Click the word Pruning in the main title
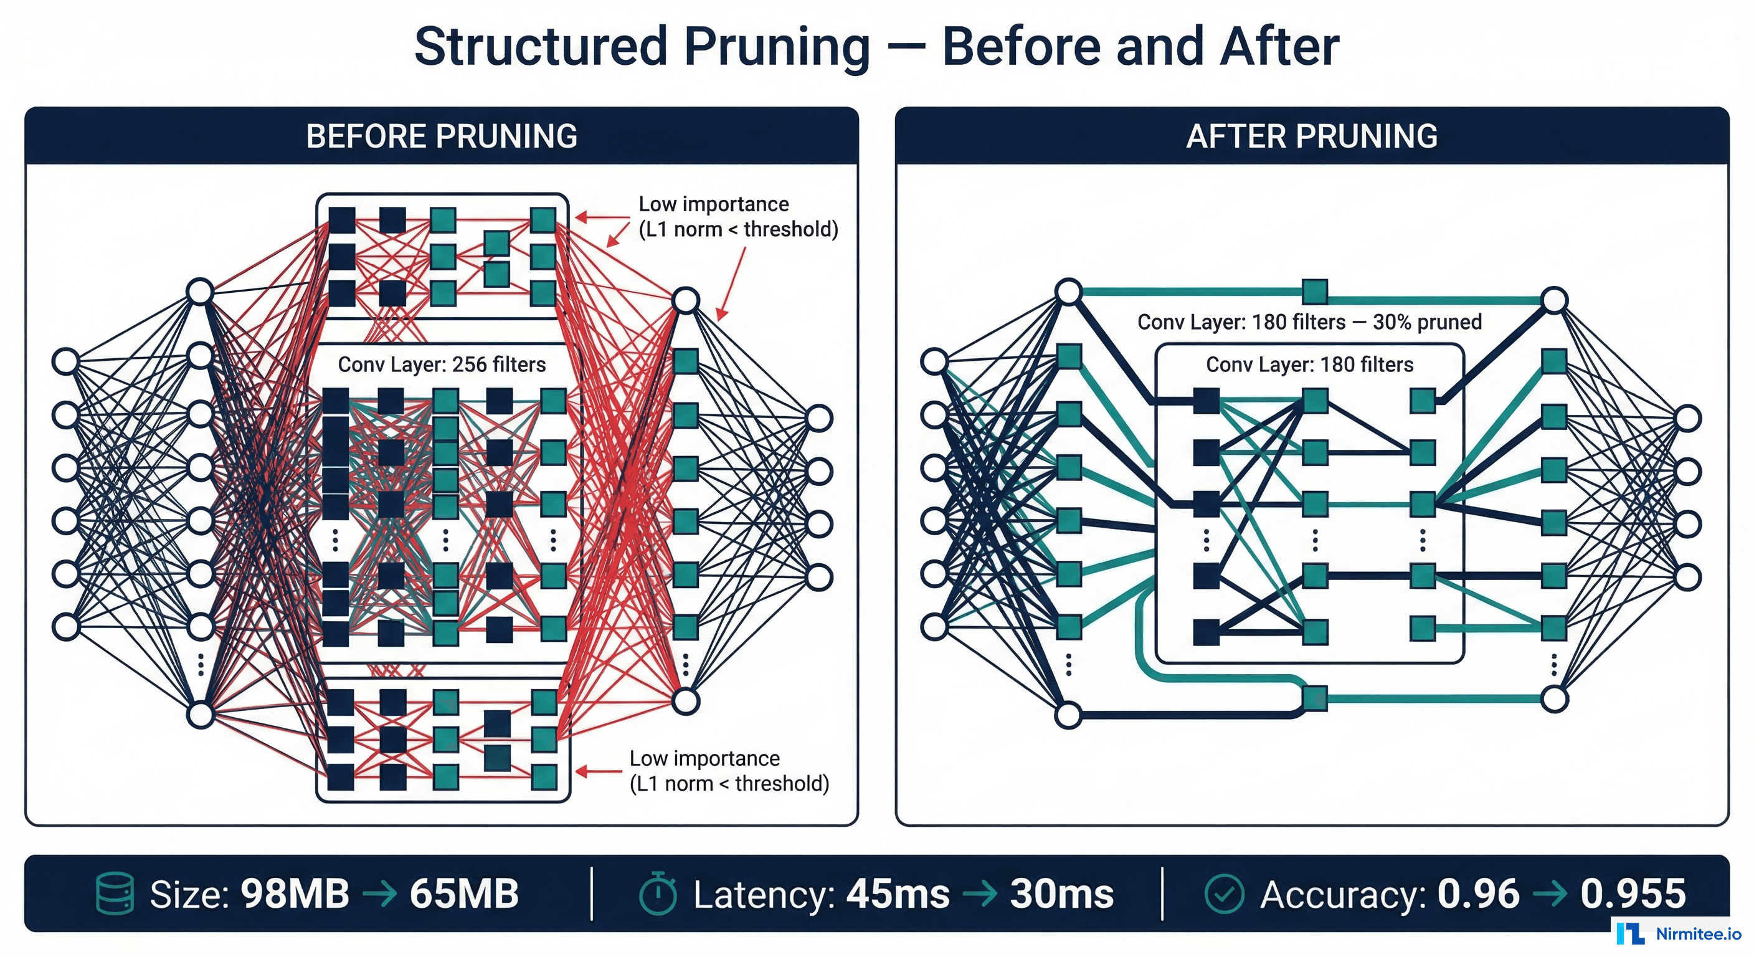pyautogui.click(x=776, y=48)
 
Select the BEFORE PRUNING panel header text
pyautogui.click(x=441, y=136)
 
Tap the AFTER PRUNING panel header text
pyautogui.click(x=1311, y=136)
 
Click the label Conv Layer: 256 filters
pyautogui.click(x=441, y=364)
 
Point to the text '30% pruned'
pyautogui.click(x=1427, y=321)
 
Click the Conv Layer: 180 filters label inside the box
pyautogui.click(x=1309, y=364)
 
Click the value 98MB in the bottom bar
pyautogui.click(x=295, y=893)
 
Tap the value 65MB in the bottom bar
pyautogui.click(x=465, y=893)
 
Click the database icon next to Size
pyautogui.click(x=115, y=893)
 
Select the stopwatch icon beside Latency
pyautogui.click(x=658, y=893)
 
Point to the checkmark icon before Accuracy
pyautogui.click(x=1223, y=893)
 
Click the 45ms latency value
pyautogui.click(x=898, y=893)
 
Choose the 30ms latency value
pyautogui.click(x=1061, y=893)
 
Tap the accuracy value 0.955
pyautogui.click(x=1633, y=893)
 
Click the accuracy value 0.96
pyautogui.click(x=1478, y=893)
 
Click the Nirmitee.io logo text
pyautogui.click(x=1698, y=934)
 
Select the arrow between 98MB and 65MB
pyautogui.click(x=379, y=893)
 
